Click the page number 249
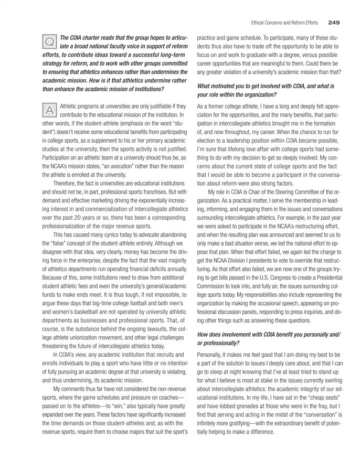pyautogui.click(x=334, y=23)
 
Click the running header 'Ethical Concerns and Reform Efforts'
pyautogui.click(x=282, y=23)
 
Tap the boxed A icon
pyautogui.click(x=49, y=109)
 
